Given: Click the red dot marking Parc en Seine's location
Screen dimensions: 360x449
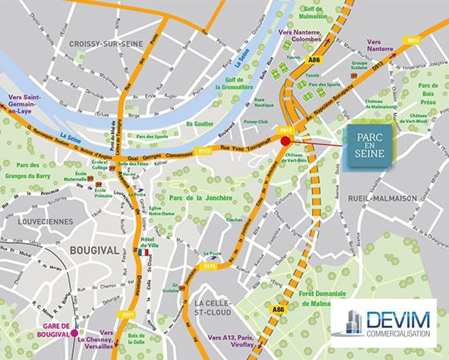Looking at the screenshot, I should click(x=285, y=141).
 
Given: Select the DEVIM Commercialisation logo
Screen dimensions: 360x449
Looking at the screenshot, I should click(x=383, y=323).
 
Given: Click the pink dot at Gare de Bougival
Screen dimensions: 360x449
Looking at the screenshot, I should click(x=75, y=334).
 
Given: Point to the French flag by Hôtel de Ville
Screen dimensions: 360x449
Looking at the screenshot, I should click(x=144, y=252).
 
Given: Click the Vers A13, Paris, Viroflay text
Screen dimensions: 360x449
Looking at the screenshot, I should click(x=233, y=341).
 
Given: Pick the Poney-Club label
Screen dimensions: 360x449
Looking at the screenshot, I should click(x=265, y=121).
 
